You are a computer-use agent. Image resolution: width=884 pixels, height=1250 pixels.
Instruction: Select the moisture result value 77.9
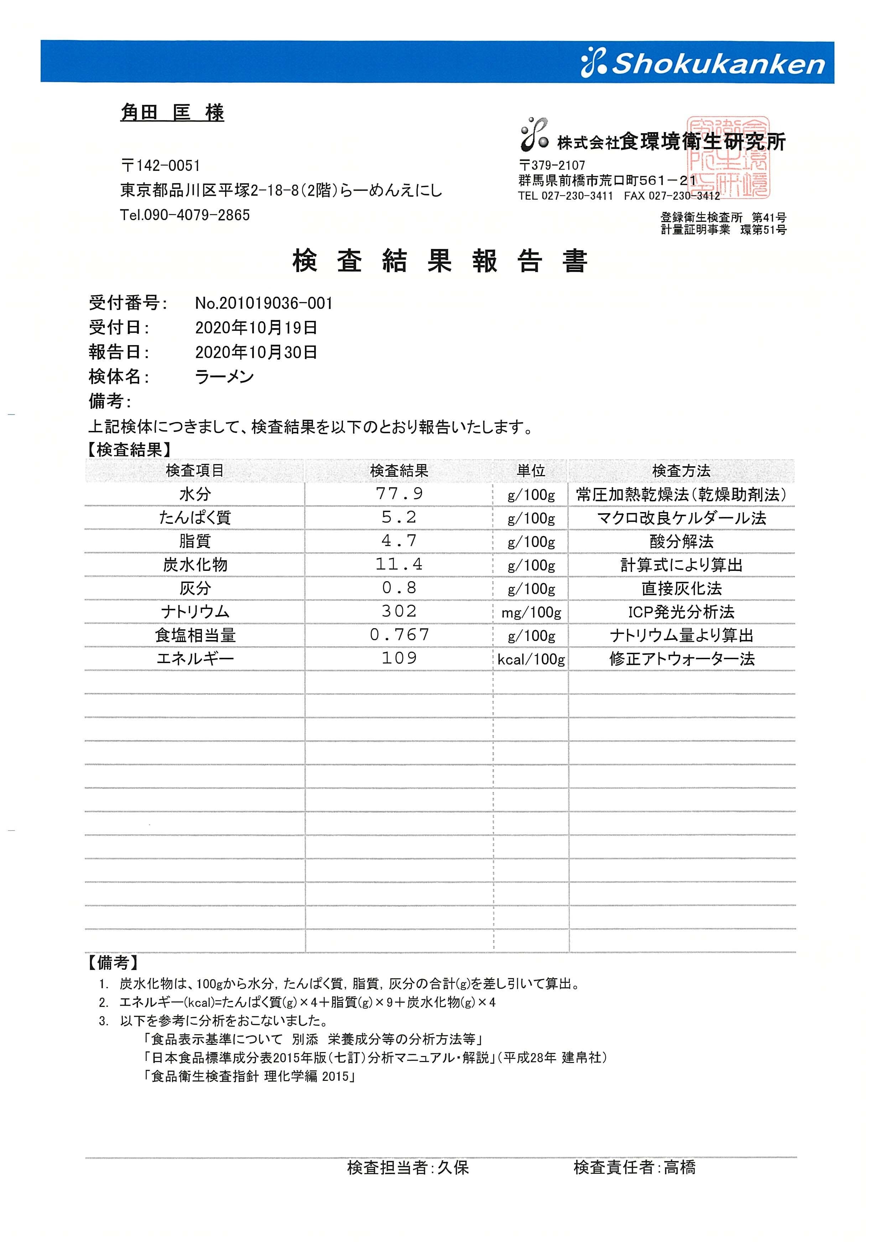click(x=399, y=494)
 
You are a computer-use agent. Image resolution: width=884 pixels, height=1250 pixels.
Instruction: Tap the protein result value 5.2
click(x=399, y=517)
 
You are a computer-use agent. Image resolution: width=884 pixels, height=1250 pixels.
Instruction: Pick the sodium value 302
click(x=399, y=611)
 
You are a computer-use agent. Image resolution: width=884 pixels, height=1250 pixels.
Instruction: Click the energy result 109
click(x=399, y=658)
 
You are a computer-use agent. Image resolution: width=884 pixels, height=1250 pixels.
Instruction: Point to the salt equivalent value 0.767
click(x=399, y=635)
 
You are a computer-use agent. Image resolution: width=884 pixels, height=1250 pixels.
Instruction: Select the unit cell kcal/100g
click(x=531, y=659)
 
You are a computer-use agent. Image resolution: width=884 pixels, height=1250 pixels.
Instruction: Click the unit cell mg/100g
click(x=531, y=613)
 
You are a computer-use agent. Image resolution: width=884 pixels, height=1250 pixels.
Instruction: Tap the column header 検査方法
click(x=681, y=470)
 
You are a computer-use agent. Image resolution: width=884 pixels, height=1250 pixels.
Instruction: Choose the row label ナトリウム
click(x=195, y=612)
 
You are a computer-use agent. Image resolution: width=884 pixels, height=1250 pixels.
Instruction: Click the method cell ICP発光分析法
click(x=681, y=612)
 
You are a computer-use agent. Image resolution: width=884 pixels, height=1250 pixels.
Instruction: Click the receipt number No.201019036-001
click(x=264, y=303)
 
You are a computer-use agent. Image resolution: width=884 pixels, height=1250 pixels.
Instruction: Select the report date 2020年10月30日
click(x=256, y=352)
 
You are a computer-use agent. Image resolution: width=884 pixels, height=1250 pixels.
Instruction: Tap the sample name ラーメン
click(x=224, y=377)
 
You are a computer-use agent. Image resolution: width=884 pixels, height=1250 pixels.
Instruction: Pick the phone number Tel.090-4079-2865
click(x=185, y=215)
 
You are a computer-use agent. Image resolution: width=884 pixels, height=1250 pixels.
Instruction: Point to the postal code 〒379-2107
click(x=552, y=165)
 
